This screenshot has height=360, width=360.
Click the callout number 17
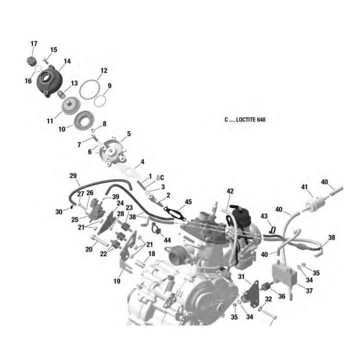(34, 43)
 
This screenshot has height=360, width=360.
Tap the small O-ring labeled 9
(94, 101)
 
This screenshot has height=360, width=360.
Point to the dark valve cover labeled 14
(49, 81)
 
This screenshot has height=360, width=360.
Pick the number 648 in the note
(261, 119)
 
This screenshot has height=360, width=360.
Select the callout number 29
(73, 176)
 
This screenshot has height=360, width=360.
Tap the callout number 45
(188, 202)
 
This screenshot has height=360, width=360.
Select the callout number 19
(117, 281)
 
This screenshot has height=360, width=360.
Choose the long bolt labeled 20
(99, 240)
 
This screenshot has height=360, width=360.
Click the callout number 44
(167, 240)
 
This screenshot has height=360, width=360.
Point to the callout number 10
(62, 129)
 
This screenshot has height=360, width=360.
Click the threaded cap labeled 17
(30, 61)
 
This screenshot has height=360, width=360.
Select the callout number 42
(230, 191)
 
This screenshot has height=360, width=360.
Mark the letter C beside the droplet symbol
(162, 177)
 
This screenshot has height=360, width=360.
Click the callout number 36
(281, 296)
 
